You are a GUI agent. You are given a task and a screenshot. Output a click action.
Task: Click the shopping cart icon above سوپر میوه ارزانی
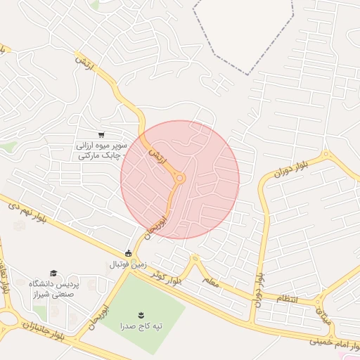(x=102, y=134)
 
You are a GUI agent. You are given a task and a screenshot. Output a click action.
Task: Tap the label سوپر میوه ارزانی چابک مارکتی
(x=100, y=150)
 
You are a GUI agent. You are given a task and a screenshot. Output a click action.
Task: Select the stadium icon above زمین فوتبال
(x=129, y=253)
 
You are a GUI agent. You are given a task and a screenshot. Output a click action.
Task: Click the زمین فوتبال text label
(x=127, y=265)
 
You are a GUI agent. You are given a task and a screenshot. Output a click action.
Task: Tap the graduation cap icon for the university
(x=53, y=273)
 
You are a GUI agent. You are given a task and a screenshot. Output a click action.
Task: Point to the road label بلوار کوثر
(x=172, y=276)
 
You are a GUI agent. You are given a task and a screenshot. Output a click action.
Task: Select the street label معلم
(x=212, y=281)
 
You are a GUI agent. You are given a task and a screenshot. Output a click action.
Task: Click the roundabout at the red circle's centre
(x=179, y=179)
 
